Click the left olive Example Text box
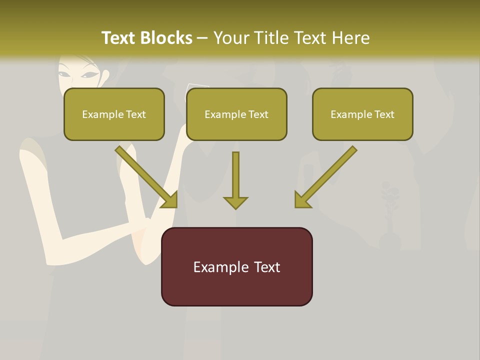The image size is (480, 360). coord(114,114)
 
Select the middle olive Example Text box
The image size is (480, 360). coord(236,114)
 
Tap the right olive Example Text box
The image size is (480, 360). coord(362,114)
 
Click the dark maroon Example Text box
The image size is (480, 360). coord(236,266)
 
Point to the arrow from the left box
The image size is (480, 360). coord(147,177)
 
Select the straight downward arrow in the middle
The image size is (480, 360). coord(235,180)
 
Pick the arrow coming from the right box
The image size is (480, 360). coord(325,177)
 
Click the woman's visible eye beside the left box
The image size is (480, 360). coord(90,75)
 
